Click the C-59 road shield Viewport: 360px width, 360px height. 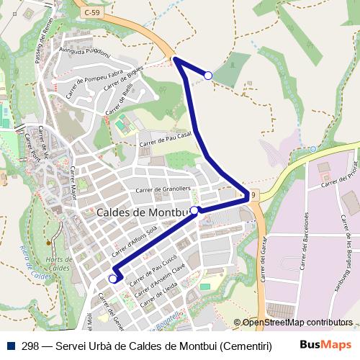[x=92, y=12]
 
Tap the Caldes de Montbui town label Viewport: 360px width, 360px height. [x=141, y=213]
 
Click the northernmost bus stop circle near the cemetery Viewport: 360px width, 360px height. [x=208, y=75]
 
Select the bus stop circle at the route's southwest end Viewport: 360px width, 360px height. [x=113, y=279]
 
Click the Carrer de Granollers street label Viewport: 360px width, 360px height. [x=161, y=190]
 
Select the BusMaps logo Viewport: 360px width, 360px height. [x=326, y=345]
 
